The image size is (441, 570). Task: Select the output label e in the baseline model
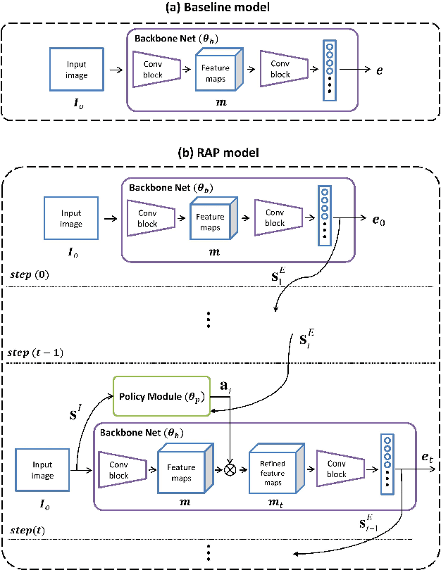pos(379,70)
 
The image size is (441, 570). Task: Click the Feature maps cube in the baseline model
pos(218,70)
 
